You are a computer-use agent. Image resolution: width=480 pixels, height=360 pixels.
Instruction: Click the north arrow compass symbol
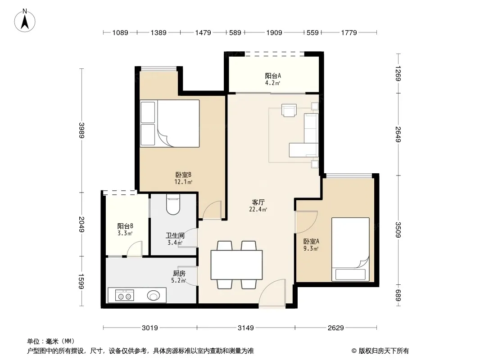click(x=25, y=21)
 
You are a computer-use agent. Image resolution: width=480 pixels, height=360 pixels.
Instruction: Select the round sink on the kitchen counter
click(x=153, y=296)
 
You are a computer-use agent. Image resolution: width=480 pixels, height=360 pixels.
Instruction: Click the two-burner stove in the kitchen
click(x=125, y=296)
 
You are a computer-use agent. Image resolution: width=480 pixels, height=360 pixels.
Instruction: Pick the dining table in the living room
click(x=237, y=265)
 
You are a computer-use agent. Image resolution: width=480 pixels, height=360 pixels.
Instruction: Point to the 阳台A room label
click(x=273, y=76)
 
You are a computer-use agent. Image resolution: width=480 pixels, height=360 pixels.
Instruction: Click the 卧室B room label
click(x=183, y=175)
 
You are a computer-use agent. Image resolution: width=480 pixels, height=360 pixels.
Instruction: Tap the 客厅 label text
click(x=258, y=202)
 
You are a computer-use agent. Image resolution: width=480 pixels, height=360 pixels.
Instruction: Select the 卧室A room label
click(x=311, y=241)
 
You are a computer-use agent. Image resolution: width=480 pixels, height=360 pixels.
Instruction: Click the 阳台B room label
click(x=125, y=226)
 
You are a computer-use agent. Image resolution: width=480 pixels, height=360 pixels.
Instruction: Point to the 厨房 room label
click(x=179, y=274)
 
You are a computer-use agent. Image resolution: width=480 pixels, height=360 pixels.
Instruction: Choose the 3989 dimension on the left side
click(x=82, y=130)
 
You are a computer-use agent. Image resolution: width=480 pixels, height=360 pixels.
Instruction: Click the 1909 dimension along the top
click(x=274, y=32)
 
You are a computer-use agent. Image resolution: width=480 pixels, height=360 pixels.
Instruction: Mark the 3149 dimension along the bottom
click(x=246, y=328)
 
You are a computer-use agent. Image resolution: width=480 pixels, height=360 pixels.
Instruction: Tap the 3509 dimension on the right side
click(x=398, y=229)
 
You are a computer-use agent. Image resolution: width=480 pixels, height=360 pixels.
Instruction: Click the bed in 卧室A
click(x=350, y=249)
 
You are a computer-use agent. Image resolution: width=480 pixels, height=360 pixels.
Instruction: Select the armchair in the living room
click(x=289, y=110)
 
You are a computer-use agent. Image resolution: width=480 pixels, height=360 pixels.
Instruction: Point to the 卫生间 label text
click(x=175, y=235)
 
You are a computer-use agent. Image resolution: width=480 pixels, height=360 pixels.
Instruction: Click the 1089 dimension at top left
click(x=120, y=32)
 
